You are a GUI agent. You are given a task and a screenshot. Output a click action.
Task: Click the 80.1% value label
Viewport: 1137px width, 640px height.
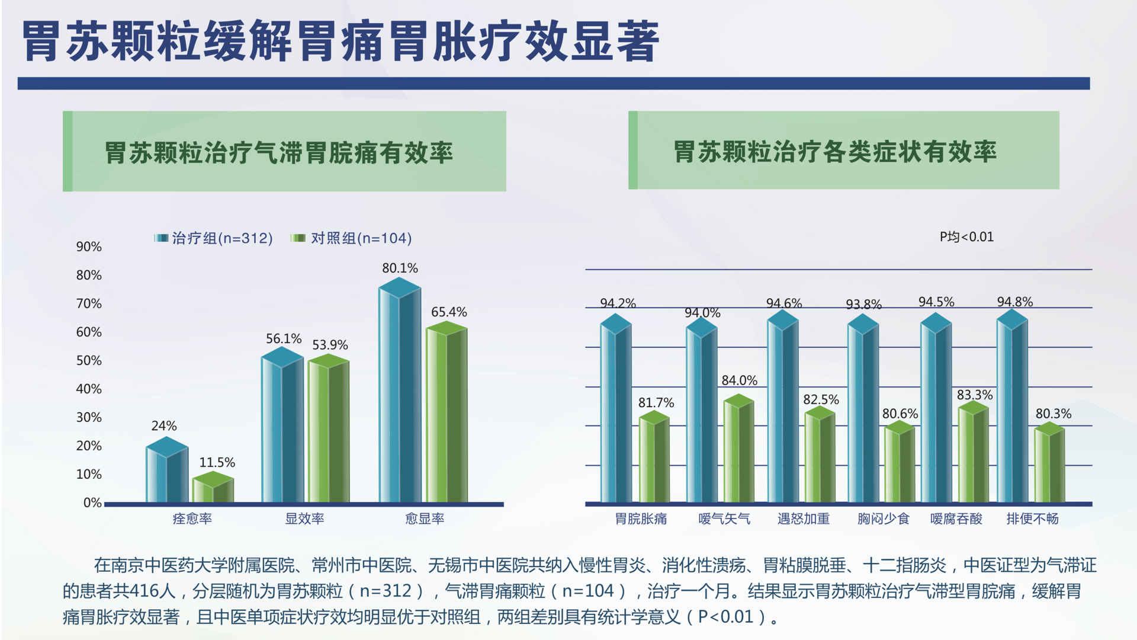click(x=400, y=268)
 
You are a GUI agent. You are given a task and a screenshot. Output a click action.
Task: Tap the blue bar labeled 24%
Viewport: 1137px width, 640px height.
click(x=167, y=472)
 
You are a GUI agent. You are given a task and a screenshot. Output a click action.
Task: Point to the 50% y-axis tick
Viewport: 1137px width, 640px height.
click(x=89, y=361)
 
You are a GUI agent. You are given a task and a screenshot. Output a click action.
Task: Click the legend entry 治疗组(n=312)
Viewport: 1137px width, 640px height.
click(x=214, y=238)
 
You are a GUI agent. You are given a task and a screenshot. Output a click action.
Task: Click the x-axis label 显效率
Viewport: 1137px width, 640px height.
click(x=304, y=519)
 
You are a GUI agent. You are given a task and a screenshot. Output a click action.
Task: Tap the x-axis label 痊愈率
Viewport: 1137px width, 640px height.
click(x=192, y=519)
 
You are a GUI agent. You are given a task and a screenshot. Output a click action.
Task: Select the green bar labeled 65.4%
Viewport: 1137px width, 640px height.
click(x=447, y=415)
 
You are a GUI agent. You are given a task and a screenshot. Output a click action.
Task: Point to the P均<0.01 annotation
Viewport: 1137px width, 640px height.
click(x=966, y=237)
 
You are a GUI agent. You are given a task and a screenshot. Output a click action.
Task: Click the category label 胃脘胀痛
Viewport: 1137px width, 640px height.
click(x=641, y=519)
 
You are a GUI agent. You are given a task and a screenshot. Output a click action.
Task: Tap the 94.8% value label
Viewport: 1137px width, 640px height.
click(x=1014, y=302)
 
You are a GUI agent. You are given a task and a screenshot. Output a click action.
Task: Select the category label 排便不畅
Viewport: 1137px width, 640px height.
click(x=1032, y=519)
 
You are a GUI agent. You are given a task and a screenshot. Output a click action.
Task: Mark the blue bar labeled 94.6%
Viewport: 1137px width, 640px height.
click(x=783, y=409)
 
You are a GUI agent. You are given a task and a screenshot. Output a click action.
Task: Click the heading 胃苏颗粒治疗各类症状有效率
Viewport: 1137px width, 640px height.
click(x=835, y=152)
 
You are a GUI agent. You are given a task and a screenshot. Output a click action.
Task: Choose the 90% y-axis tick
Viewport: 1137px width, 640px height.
click(x=89, y=247)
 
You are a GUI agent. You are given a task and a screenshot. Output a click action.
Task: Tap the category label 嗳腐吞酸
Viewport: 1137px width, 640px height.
click(x=956, y=519)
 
